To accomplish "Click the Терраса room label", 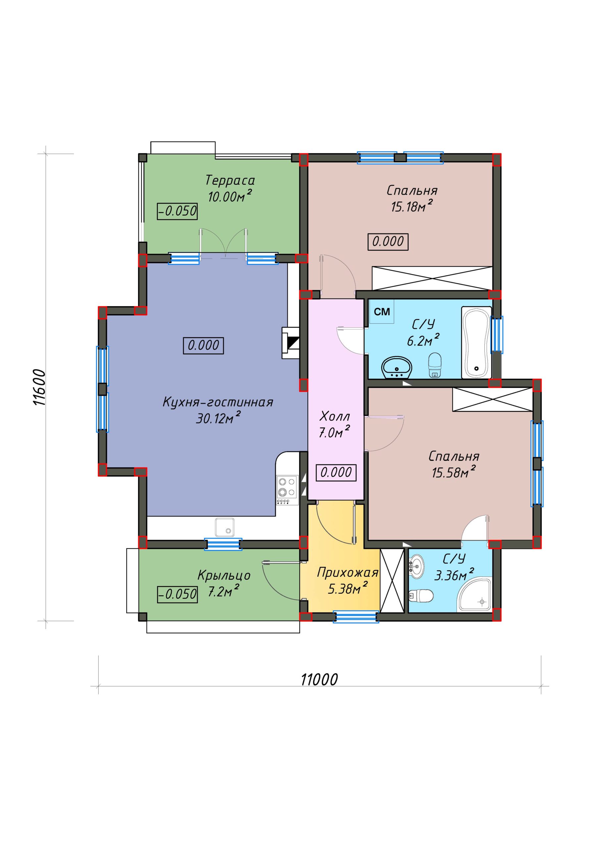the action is click(230, 181).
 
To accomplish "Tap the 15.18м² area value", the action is click(412, 206).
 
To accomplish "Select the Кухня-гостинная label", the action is click(218, 402).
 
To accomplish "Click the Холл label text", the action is click(334, 417).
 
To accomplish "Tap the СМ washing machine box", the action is click(382, 312).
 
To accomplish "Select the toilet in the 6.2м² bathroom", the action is click(435, 365).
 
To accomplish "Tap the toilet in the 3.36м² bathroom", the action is click(421, 595).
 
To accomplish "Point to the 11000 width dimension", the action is click(319, 679).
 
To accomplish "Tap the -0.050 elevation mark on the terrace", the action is click(177, 211).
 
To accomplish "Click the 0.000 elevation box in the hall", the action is click(336, 472).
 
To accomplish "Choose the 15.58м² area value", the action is click(454, 472).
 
